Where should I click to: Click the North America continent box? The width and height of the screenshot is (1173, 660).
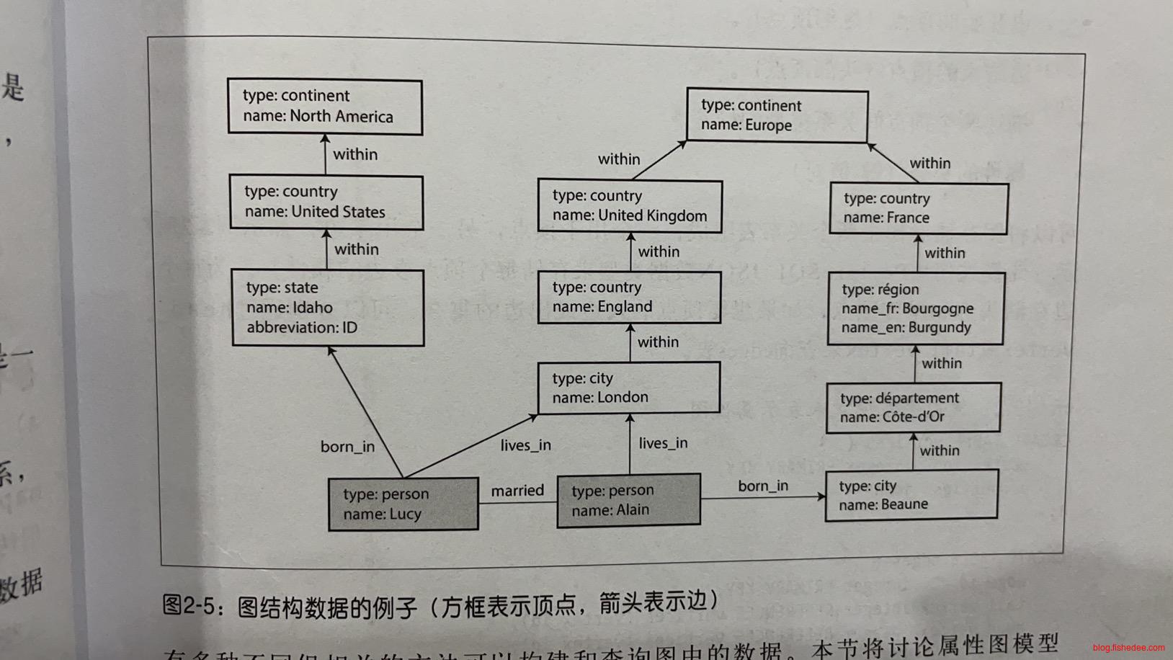(325, 107)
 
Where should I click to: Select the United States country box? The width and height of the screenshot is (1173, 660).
(326, 202)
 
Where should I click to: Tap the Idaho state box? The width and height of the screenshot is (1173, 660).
(328, 308)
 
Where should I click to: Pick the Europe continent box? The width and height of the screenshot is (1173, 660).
(777, 115)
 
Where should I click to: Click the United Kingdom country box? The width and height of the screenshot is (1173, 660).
(630, 206)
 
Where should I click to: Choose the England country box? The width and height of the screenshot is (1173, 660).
(629, 297)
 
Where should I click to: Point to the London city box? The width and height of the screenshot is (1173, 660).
(628, 388)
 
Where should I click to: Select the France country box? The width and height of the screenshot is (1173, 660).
(919, 208)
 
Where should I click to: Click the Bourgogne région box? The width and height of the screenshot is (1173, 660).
(916, 308)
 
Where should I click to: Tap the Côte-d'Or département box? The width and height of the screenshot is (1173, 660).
(914, 407)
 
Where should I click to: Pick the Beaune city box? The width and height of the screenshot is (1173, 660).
(911, 494)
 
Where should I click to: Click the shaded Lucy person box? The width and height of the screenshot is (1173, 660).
(403, 504)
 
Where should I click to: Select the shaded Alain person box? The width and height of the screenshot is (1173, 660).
(628, 500)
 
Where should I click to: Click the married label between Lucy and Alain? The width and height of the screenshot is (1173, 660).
(517, 491)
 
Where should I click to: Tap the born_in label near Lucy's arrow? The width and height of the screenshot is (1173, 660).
(347, 447)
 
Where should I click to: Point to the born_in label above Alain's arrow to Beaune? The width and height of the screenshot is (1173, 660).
(763, 486)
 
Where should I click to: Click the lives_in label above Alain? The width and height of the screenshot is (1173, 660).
(663, 443)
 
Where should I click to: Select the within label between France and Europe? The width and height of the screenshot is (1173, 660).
(929, 164)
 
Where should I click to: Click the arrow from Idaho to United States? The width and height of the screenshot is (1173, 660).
(327, 249)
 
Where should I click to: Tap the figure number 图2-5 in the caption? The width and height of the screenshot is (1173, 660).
(188, 605)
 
